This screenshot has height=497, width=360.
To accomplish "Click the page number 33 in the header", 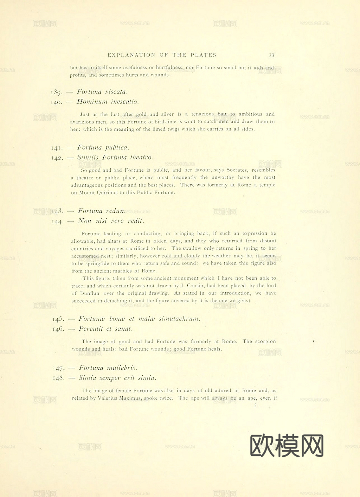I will coord(271,55).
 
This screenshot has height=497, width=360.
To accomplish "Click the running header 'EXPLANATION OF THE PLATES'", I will coord(162,55).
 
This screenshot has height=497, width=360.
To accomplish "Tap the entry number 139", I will coord(57,92).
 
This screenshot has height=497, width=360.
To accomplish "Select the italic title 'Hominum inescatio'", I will coord(108,102).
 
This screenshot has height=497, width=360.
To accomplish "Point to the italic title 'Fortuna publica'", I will coord(103,147).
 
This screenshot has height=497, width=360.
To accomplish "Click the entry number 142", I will coord(57,158).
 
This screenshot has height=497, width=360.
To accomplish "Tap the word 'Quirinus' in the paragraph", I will coord(107,192).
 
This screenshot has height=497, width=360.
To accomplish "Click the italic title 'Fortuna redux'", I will coord(102,211).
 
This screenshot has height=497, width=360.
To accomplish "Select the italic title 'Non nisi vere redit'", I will coord(111,221).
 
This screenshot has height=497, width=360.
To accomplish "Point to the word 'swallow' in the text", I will coord(192,248).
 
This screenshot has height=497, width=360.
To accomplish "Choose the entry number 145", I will coord(58,319).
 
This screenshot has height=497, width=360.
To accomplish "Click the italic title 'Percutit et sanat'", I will coord(105,329).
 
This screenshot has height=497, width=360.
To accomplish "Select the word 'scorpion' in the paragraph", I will coord(264,341).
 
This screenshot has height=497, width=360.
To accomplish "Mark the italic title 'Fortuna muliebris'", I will coord(108,368).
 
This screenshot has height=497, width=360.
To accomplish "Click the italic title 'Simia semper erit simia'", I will coord(117,378).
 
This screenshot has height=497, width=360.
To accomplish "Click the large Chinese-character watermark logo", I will coord(287,446).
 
